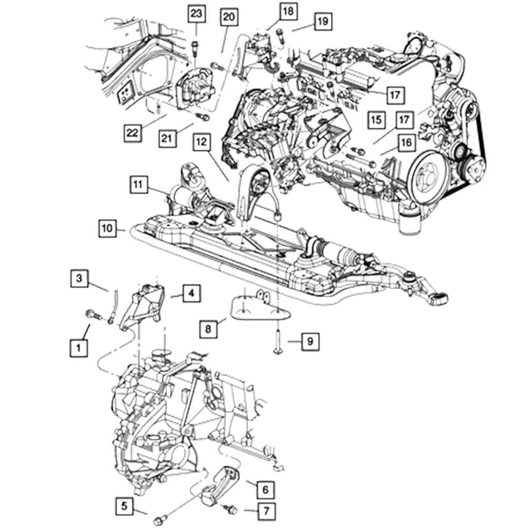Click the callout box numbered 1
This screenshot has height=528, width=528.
coord(78,348)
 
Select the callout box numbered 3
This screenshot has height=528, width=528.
coord(79,279)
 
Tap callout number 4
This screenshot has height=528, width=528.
coord(191,294)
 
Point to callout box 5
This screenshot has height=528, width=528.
coord(124,506)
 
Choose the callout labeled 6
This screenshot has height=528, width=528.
coord(265,489)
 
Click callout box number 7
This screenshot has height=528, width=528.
coord(266,511)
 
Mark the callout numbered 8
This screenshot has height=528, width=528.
coord(207,328)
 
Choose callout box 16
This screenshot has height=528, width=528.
coord(406,143)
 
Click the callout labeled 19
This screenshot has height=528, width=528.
coord(322,22)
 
